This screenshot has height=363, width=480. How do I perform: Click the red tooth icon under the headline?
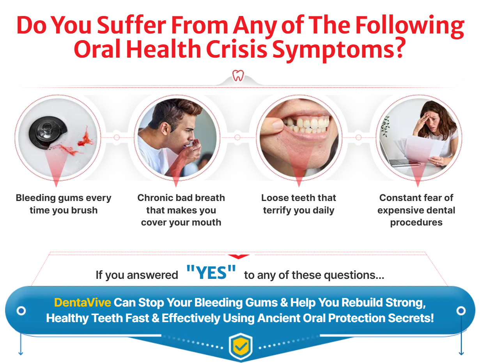(x=238, y=76)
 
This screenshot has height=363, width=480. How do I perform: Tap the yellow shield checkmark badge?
(x=241, y=346)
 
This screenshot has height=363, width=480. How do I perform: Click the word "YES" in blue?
(x=211, y=273)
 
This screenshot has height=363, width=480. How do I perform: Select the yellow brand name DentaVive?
(x=82, y=303)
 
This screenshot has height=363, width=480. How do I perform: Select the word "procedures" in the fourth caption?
(x=416, y=223)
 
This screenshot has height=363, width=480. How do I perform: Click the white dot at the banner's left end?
(x=21, y=310)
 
